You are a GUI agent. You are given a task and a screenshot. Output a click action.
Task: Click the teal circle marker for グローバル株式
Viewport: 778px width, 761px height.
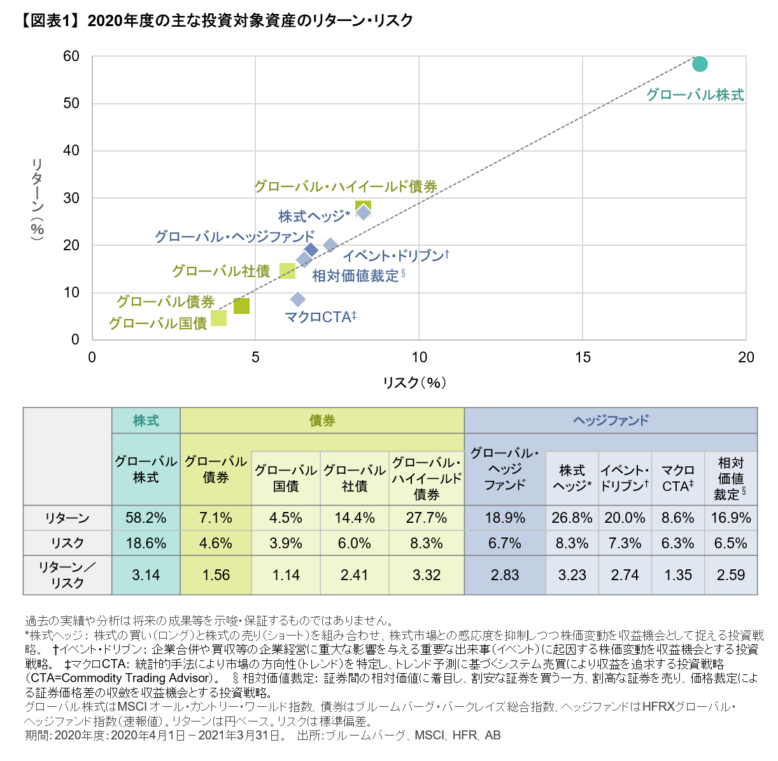[700, 64]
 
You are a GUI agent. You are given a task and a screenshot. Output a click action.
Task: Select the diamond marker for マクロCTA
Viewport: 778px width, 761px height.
[297, 299]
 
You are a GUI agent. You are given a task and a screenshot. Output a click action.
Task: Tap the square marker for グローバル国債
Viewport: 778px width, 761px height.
[218, 318]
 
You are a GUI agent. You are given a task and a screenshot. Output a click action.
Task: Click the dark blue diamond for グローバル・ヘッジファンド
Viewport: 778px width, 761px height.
[311, 250]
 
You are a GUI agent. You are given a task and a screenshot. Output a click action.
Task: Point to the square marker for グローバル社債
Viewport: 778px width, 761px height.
[288, 271]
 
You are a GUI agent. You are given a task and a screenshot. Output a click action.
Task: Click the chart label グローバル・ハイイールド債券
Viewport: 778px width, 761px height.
[346, 187]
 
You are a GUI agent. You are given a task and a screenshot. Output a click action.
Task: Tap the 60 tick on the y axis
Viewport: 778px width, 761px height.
[71, 57]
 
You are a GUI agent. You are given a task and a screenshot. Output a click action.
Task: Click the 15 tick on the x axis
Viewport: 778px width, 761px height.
[583, 357]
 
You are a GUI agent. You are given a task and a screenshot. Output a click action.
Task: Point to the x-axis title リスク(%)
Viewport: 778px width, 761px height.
[414, 382]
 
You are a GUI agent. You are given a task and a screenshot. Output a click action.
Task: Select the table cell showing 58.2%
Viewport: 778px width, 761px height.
[146, 518]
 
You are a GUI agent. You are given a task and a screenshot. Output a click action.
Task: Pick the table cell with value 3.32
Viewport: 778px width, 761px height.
[427, 575]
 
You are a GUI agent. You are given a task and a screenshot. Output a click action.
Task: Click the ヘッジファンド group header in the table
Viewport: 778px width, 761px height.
[611, 420]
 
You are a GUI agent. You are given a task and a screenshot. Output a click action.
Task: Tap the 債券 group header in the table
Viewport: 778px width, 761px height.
[322, 420]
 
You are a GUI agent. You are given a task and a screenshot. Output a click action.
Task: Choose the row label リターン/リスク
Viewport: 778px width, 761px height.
[67, 575]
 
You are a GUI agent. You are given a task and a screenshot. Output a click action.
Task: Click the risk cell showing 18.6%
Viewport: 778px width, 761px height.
[146, 543]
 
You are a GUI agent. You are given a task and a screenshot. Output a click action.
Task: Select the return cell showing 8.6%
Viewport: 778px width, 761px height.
[677, 518]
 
